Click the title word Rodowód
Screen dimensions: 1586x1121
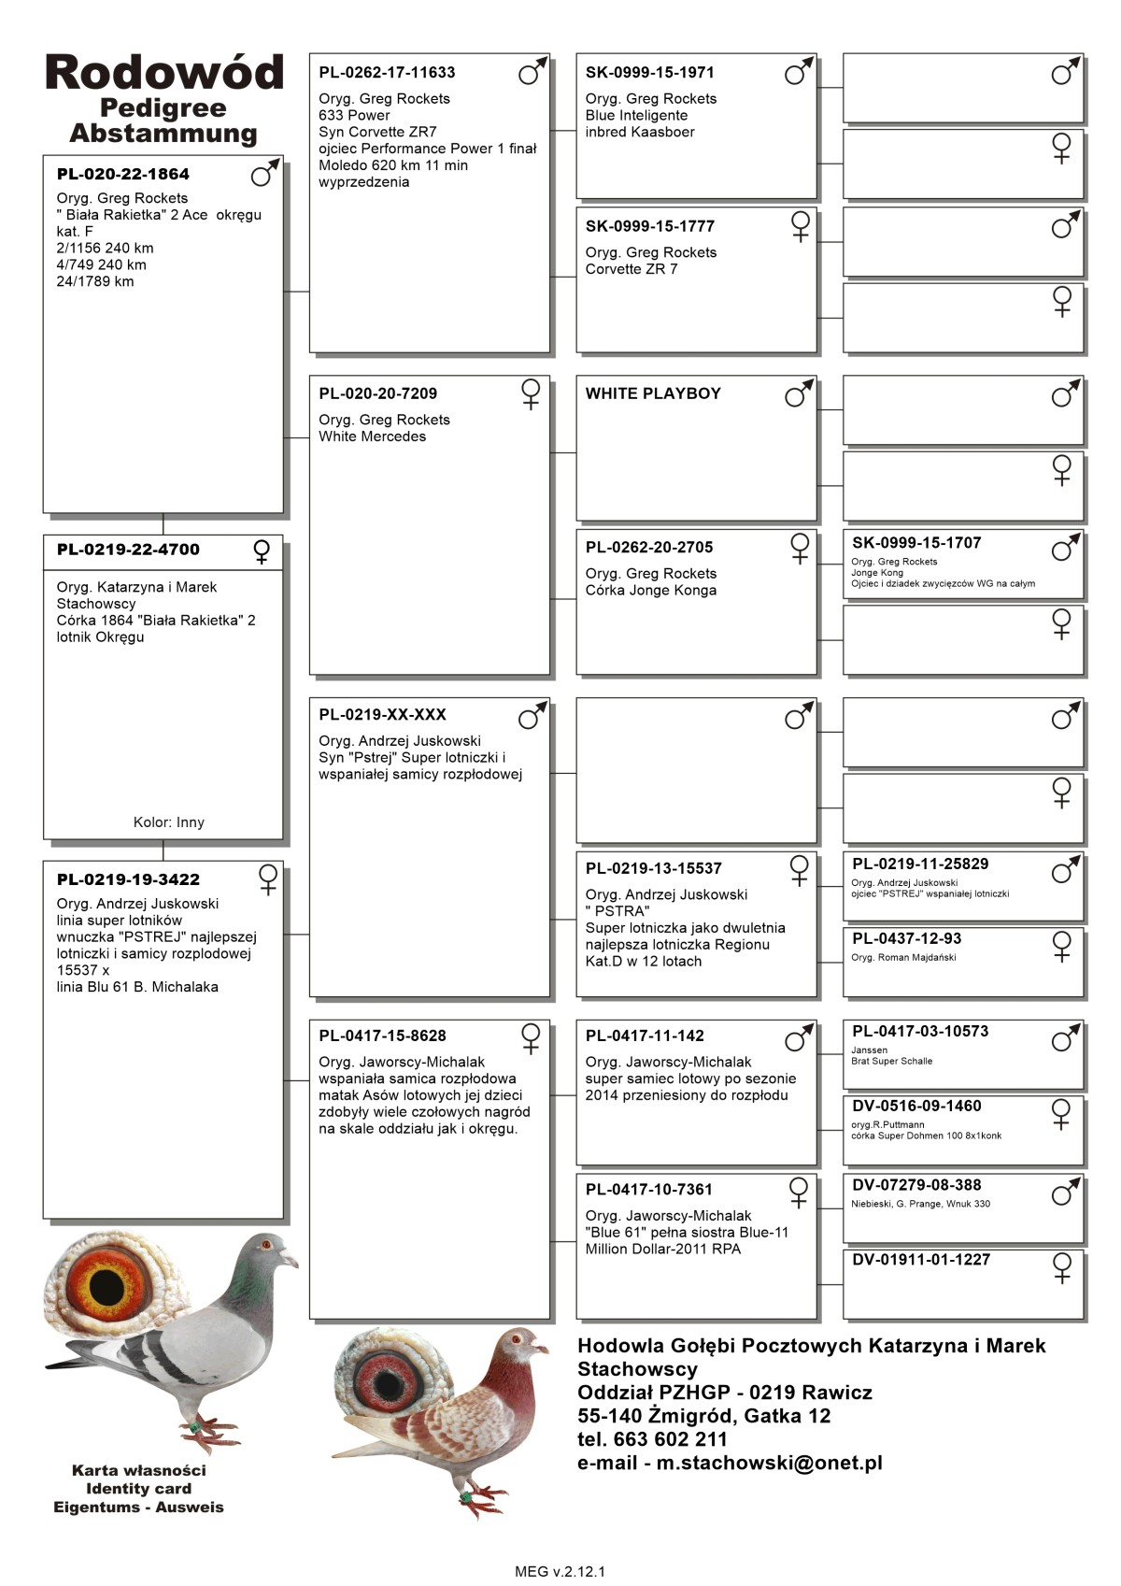point(163,73)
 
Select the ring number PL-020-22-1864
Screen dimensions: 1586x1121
point(122,174)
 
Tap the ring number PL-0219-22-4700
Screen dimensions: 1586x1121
point(128,550)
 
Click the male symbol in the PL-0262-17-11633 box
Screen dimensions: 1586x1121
point(532,71)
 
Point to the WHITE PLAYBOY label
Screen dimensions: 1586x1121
point(653,393)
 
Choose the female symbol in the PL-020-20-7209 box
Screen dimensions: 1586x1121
point(531,393)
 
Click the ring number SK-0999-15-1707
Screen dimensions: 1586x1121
point(916,542)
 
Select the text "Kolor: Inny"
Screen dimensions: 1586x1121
point(168,822)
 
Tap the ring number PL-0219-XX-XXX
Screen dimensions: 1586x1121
point(382,715)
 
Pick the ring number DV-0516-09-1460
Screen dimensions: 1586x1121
point(916,1106)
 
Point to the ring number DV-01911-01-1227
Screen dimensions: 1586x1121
point(920,1259)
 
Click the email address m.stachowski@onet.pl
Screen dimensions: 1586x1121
point(769,1463)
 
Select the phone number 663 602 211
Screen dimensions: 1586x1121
point(671,1439)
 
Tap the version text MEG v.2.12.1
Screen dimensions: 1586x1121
point(560,1571)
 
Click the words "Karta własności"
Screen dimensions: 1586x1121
point(138,1470)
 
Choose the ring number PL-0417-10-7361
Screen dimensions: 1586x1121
point(648,1190)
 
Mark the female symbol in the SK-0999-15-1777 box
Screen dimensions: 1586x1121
point(801,226)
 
